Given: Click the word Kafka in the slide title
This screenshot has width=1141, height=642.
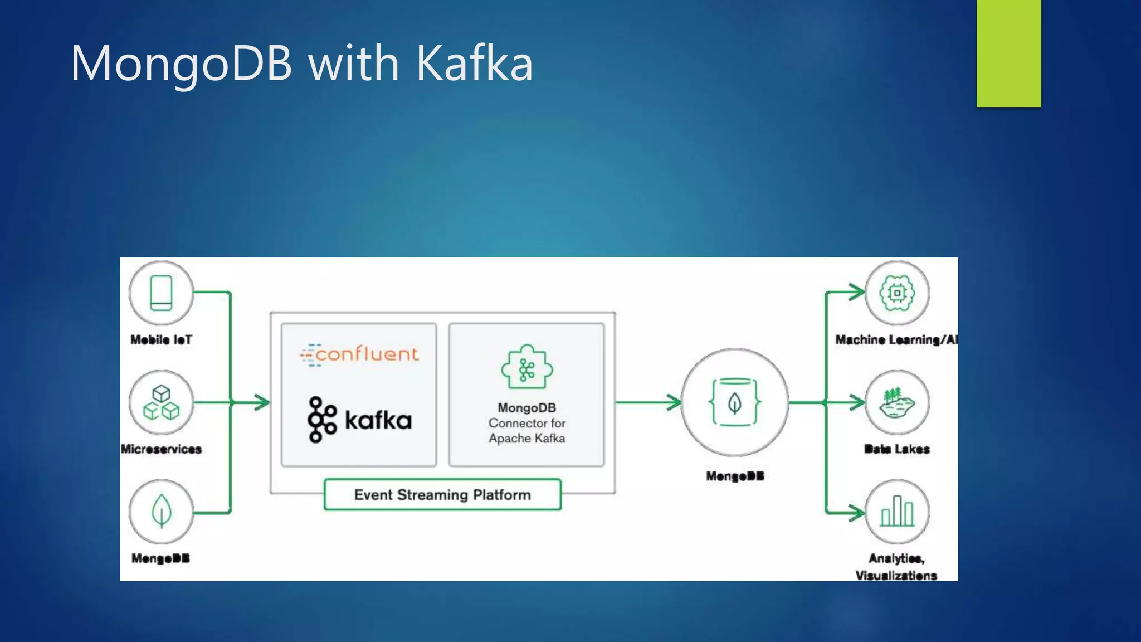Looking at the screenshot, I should [x=474, y=64].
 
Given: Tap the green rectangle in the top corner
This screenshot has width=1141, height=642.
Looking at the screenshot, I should [x=1008, y=53].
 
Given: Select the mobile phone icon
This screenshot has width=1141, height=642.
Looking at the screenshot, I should [x=161, y=293].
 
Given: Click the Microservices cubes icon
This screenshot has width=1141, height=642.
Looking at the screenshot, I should [x=161, y=402].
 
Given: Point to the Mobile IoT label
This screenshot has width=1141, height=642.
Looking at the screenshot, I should [x=161, y=339].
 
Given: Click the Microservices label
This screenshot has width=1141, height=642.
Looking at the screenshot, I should [x=161, y=449].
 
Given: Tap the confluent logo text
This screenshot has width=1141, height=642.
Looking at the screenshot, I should [x=366, y=354].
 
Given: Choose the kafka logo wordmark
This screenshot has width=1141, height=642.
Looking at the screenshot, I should [x=378, y=420].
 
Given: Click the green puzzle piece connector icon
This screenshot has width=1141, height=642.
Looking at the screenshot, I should [x=526, y=367].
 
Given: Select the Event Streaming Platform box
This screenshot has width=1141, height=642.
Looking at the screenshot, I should [x=442, y=494].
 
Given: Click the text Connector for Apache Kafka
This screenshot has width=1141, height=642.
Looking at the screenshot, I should [x=526, y=431].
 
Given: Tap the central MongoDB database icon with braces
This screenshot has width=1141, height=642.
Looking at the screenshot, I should [x=735, y=402].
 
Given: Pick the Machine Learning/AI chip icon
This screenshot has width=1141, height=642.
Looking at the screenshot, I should [x=897, y=293].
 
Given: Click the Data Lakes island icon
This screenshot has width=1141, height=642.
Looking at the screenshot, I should [x=897, y=402].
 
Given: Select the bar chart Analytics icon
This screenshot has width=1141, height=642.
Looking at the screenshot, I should [x=897, y=512].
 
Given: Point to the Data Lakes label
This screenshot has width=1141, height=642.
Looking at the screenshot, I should [x=897, y=449].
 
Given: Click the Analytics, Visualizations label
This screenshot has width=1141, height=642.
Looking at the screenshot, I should [x=896, y=567].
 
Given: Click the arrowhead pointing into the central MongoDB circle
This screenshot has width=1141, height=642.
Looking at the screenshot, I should [x=674, y=402].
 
